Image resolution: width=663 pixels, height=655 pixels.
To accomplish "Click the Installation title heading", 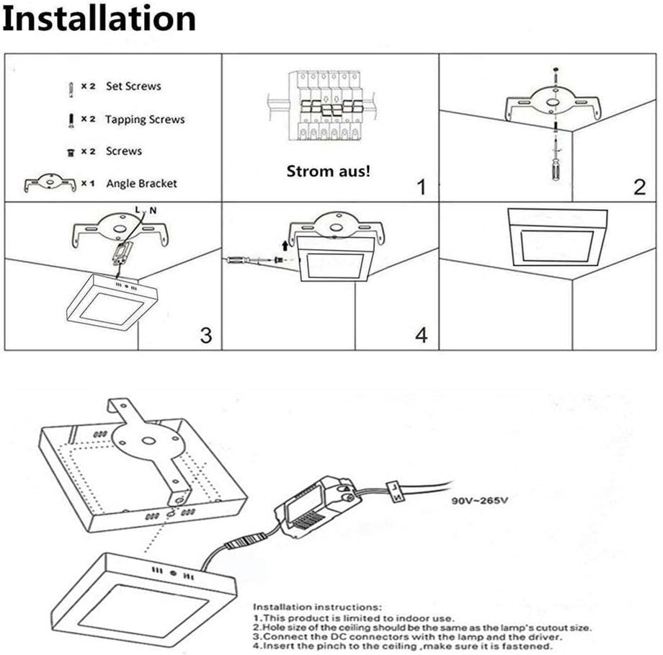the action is pos(99,19).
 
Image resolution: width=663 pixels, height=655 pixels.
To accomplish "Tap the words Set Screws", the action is pos(133,86).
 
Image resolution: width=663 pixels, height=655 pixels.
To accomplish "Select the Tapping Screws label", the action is pos(145,119).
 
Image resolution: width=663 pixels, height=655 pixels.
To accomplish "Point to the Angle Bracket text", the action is pos(141,183).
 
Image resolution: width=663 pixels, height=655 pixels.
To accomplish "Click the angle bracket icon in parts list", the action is pos(49,183).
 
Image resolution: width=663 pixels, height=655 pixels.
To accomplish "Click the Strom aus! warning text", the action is pos(329,171).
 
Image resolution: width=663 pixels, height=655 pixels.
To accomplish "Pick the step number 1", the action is pos(422,188).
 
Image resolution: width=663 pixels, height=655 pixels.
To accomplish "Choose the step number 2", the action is pos(638,188).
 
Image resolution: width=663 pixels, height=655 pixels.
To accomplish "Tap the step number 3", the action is pos(206,335).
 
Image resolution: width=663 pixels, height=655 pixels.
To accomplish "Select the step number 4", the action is pos(422,335).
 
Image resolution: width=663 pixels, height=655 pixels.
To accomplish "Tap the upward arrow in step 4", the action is pos(285,246).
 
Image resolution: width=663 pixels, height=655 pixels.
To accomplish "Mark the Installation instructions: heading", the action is pos(317,607).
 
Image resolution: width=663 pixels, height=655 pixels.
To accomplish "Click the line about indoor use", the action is pos(353,618).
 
